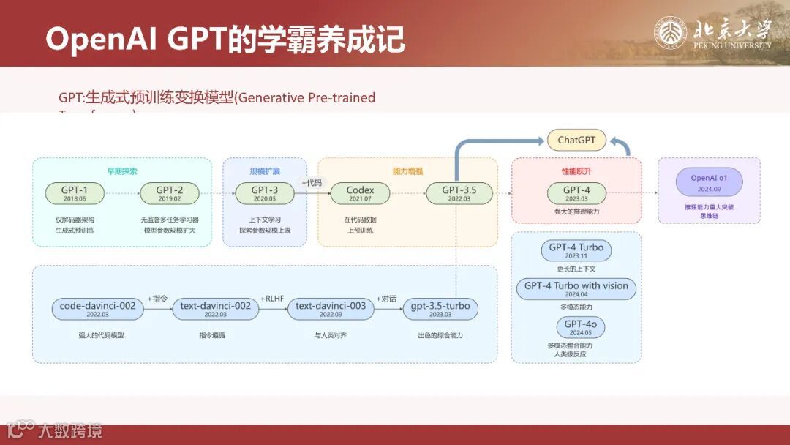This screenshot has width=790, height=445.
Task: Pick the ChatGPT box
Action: point(576,140)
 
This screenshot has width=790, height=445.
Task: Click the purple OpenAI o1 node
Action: point(709,182)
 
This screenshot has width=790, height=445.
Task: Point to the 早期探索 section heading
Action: point(121,171)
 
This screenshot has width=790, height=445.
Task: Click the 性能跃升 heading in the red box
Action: point(576,171)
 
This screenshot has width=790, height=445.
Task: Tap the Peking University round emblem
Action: point(671,33)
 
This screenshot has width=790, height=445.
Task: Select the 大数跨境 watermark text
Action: point(70,430)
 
